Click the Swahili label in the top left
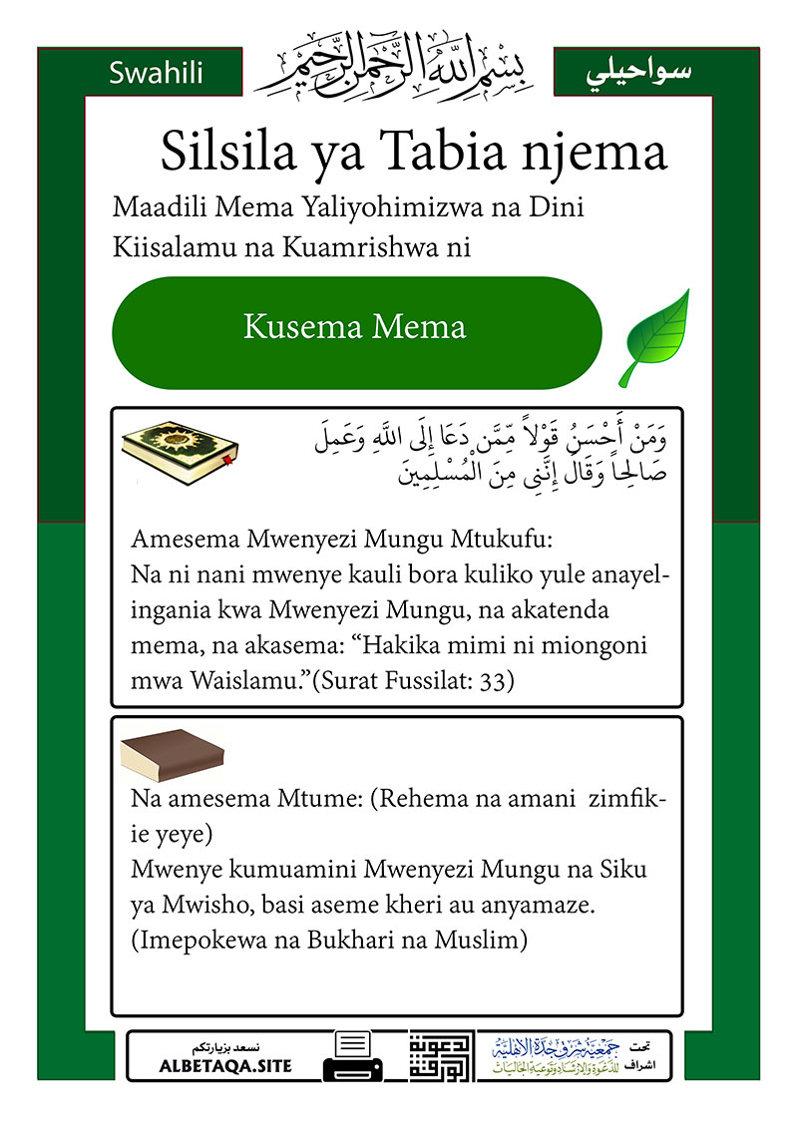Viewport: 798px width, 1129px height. point(157,72)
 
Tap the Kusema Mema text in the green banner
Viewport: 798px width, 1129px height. point(355,326)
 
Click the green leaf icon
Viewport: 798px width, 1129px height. point(654,337)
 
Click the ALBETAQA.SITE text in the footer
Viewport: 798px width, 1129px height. point(225,1066)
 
